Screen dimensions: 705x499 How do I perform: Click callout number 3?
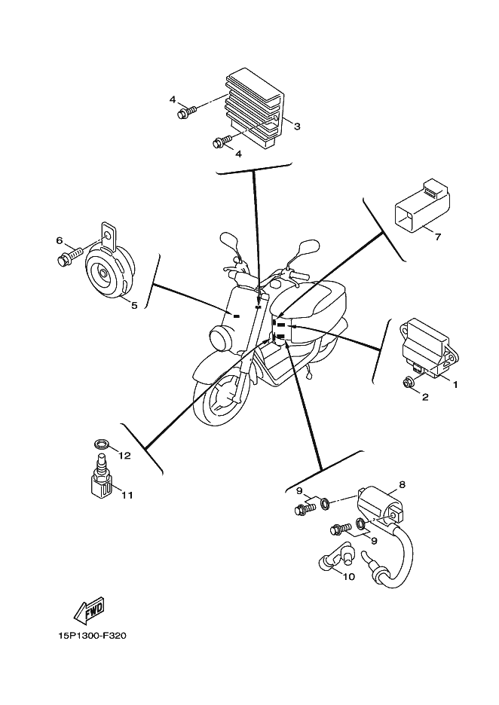pyautogui.click(x=297, y=127)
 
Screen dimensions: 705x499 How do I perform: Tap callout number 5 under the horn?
pyautogui.click(x=134, y=306)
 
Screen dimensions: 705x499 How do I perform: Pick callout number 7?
pyautogui.click(x=436, y=237)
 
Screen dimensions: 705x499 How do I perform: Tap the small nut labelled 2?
pyautogui.click(x=409, y=383)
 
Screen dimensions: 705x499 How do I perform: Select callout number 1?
pyautogui.click(x=455, y=383)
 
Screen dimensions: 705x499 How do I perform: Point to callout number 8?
pyautogui.click(x=402, y=484)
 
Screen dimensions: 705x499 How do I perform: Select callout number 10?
pyautogui.click(x=348, y=578)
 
